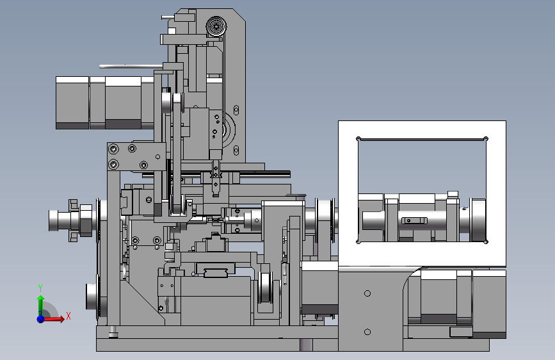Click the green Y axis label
[x=40, y=288]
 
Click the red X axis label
[x=68, y=316]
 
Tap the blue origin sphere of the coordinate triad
[x=40, y=319]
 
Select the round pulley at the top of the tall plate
[x=216, y=26]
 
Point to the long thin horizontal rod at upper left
[x=131, y=66]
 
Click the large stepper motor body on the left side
[x=105, y=102]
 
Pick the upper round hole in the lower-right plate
[x=367, y=293]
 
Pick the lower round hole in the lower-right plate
[x=367, y=332]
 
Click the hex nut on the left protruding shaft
[x=86, y=220]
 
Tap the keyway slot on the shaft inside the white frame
[x=414, y=221]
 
